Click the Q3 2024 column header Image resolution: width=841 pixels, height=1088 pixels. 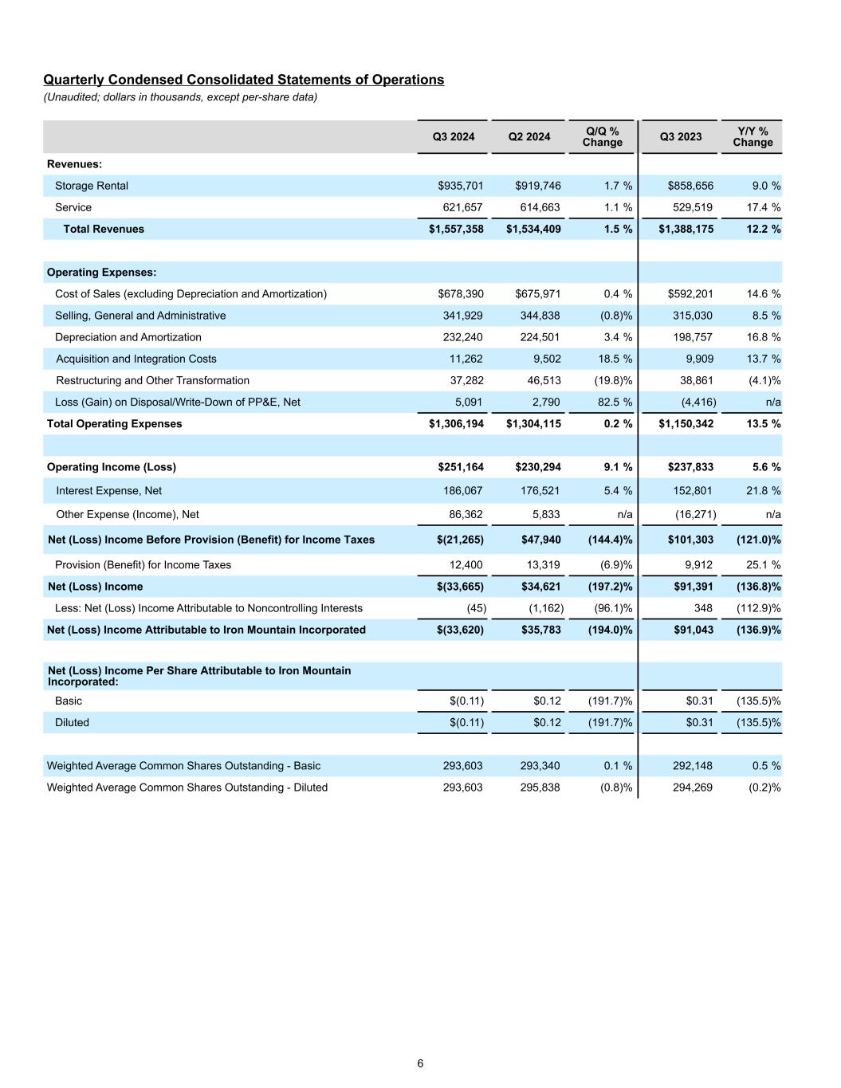click(453, 137)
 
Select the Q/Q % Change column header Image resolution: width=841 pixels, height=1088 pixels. click(602, 136)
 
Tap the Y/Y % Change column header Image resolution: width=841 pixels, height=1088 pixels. click(753, 136)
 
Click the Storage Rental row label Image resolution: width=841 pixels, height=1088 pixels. click(91, 186)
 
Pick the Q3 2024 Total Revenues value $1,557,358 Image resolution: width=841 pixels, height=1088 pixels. click(456, 229)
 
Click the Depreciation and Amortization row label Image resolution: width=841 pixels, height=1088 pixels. click(128, 337)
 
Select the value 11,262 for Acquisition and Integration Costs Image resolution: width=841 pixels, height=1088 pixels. click(466, 359)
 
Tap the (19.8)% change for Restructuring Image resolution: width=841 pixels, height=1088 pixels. click(613, 380)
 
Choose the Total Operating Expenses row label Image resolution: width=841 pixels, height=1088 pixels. click(114, 423)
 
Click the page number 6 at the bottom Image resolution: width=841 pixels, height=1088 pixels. click(420, 1063)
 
